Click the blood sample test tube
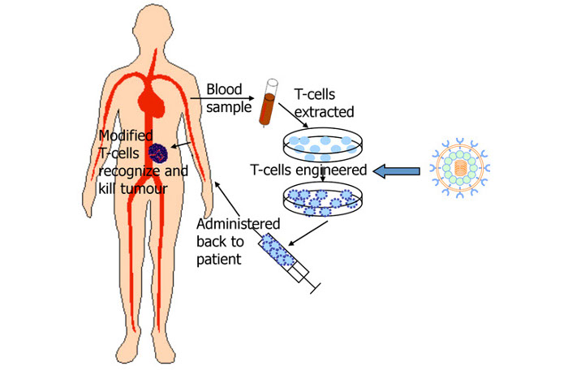266,103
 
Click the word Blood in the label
224,88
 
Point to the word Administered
239,223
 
